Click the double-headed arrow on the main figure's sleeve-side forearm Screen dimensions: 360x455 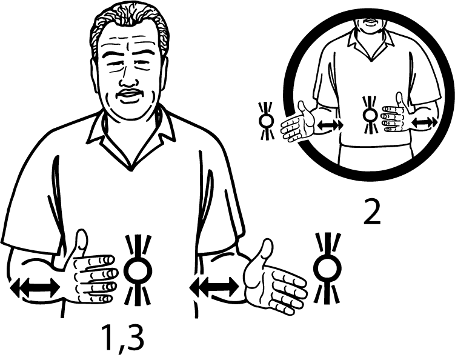35,287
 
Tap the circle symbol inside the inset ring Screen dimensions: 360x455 368,115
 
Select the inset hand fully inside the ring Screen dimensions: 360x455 394,115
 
